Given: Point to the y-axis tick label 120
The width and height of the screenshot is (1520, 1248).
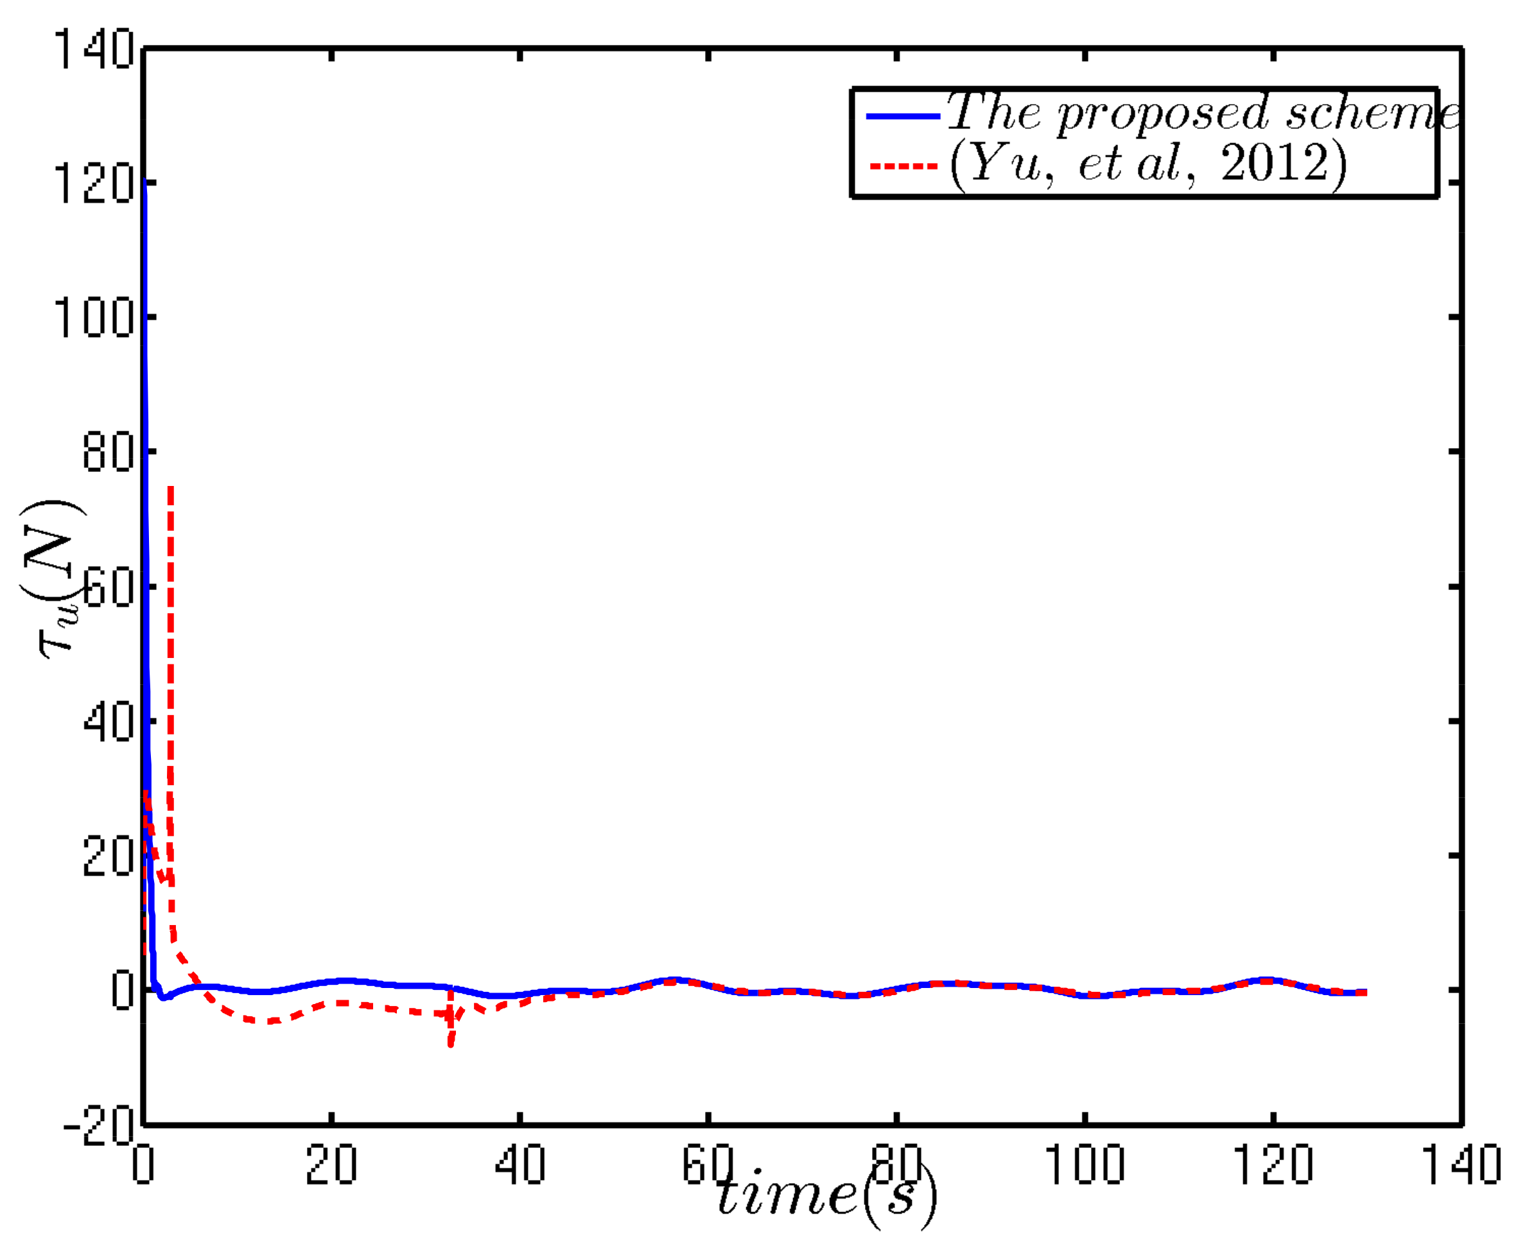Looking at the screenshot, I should click(x=94, y=184).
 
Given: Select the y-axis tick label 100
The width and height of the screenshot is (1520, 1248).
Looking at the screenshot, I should click(x=94, y=318).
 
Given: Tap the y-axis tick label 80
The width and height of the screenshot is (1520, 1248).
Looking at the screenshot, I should click(x=108, y=452).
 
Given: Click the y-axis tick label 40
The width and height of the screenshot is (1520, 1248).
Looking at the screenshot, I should click(x=108, y=721).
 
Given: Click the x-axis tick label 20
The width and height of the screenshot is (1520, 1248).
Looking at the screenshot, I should click(x=331, y=1164).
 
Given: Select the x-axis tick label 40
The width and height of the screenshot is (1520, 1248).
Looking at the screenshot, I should click(x=520, y=1164).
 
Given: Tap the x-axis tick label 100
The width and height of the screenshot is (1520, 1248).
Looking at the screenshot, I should click(x=1084, y=1164).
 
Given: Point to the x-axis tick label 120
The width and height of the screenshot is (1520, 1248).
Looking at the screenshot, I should click(x=1273, y=1164).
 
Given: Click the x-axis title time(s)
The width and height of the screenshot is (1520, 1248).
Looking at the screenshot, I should click(x=827, y=1196).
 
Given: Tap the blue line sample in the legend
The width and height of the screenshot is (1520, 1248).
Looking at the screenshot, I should click(x=903, y=116).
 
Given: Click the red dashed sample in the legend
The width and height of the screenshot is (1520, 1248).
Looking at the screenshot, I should click(x=903, y=166).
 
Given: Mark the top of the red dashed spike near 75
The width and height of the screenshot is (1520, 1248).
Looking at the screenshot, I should click(x=170, y=488).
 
